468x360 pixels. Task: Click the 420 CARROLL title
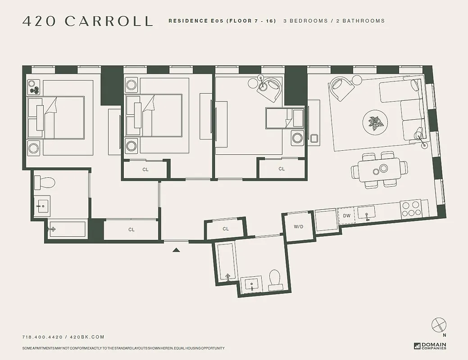pos(87,21)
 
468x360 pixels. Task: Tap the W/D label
pos(299,226)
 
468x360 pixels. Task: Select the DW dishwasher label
pos(346,216)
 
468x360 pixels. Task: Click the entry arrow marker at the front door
pos(176,250)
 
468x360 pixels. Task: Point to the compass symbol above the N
pos(438,324)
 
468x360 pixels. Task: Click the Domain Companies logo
pos(430,346)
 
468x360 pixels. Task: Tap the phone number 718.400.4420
pos(42,337)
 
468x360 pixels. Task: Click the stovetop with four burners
pos(410,209)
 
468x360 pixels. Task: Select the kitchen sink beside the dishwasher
pos(368,216)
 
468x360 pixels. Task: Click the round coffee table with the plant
pos(374,122)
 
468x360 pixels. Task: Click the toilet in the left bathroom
pos(45,182)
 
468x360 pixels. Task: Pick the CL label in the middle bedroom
pos(145,169)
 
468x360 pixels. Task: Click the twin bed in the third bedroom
pos(285,118)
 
